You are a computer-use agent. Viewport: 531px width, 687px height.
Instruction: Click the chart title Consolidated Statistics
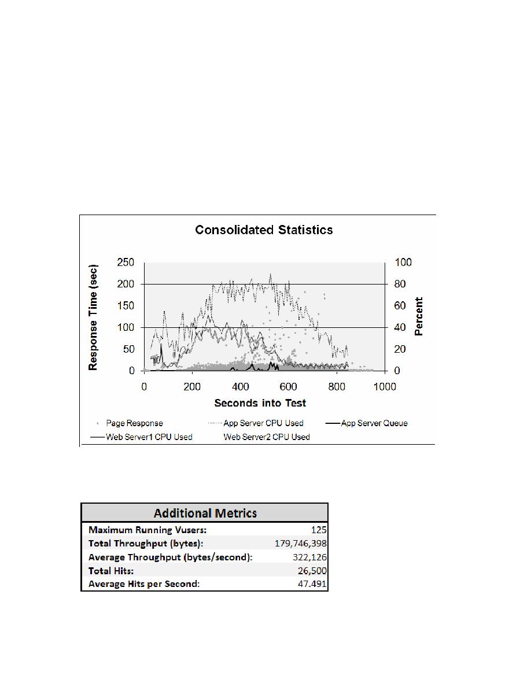click(264, 230)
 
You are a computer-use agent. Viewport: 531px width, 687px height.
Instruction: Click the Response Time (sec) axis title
click(93, 317)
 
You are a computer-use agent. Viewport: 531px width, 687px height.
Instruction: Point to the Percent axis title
click(419, 316)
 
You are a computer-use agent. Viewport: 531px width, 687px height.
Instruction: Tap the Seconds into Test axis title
click(260, 402)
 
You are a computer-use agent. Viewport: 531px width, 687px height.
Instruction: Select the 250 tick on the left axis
click(126, 262)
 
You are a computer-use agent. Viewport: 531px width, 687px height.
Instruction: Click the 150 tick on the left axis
click(126, 305)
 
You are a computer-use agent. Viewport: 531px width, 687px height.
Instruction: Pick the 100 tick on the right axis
click(403, 262)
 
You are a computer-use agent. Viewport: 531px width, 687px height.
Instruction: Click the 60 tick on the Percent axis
click(401, 305)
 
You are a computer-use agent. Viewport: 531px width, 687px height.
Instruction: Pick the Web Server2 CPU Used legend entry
click(267, 437)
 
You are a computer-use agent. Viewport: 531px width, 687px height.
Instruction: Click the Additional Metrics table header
click(204, 513)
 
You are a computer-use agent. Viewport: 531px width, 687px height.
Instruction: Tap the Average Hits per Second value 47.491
click(312, 584)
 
